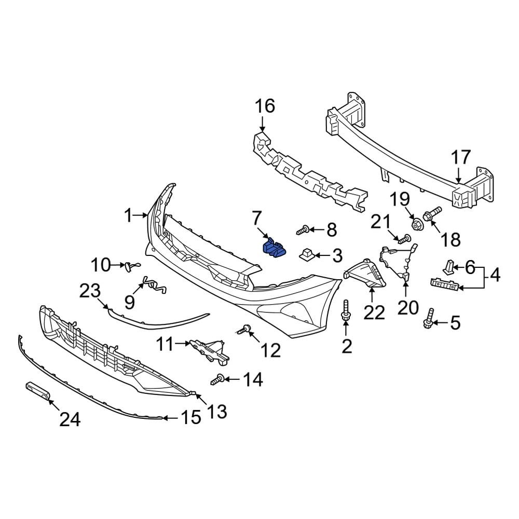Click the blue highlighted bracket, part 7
[x=274, y=248]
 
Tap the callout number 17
[x=460, y=158]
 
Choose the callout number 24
[x=69, y=419]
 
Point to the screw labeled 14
[x=217, y=380]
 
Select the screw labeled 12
[x=244, y=329]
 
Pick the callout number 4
[x=495, y=275]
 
